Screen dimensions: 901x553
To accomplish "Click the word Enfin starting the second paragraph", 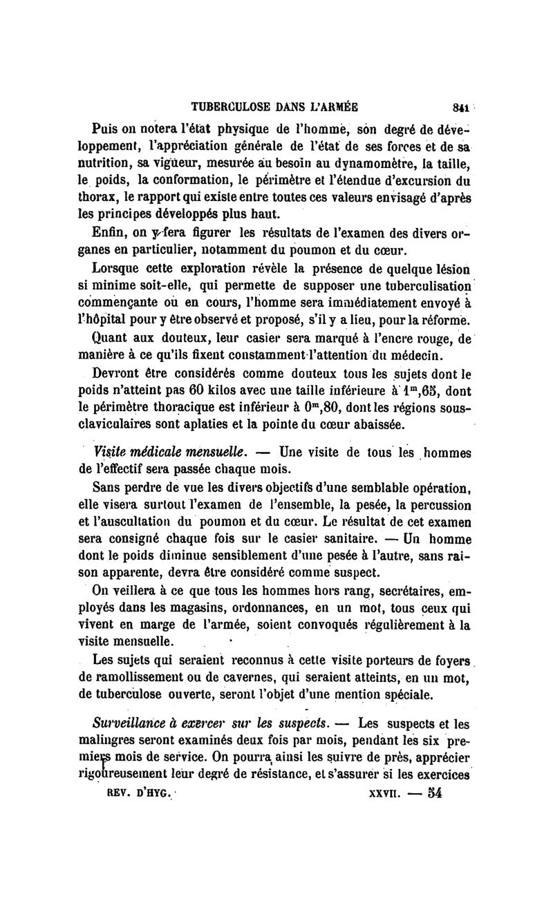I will (108, 231).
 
